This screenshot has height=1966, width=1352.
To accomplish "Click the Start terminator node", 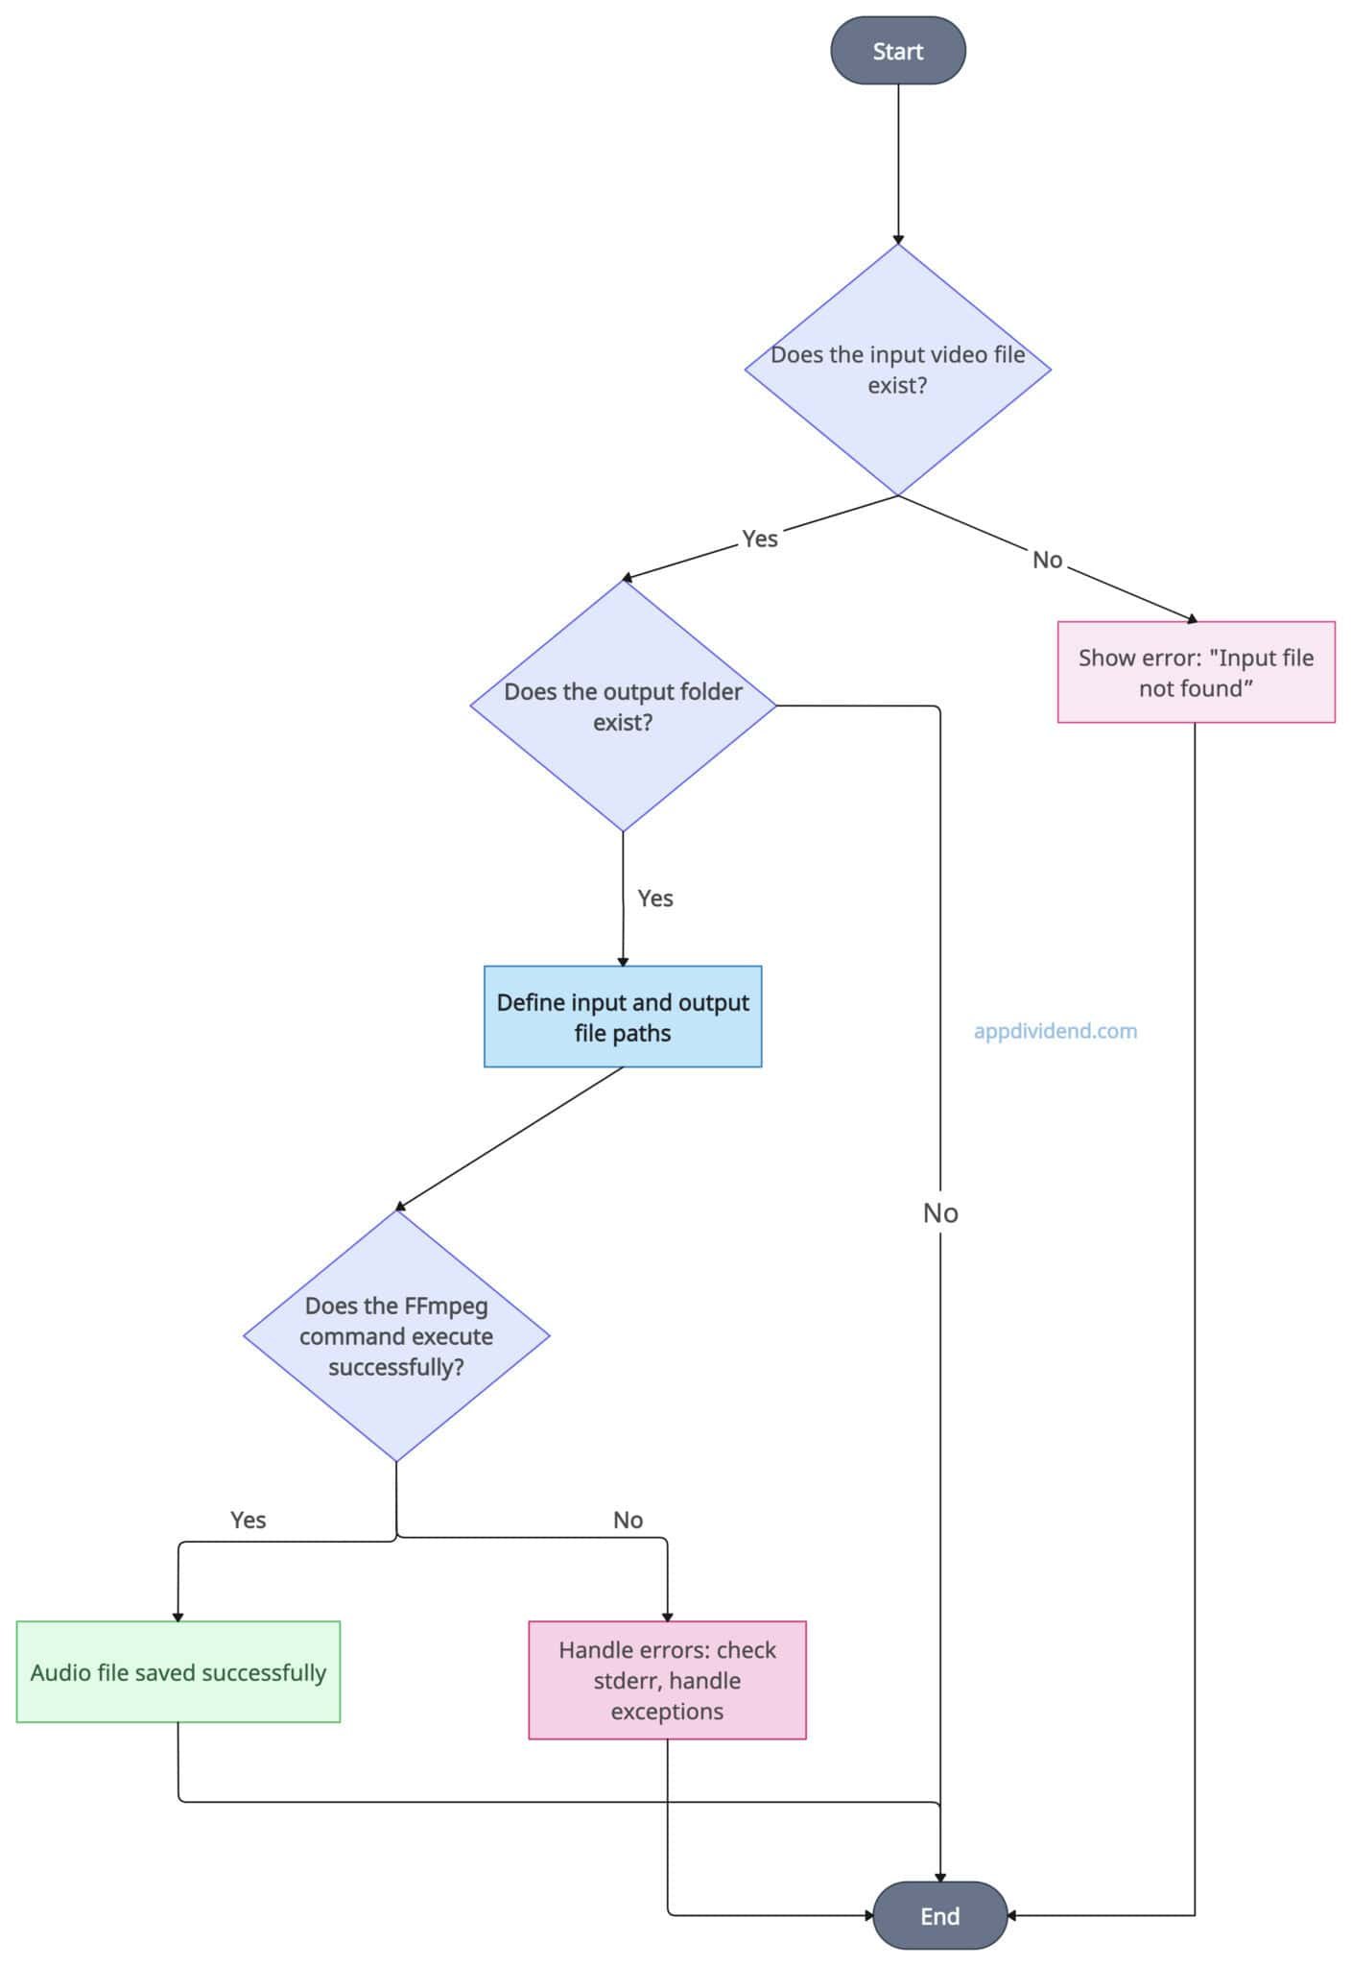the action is pos(897,51).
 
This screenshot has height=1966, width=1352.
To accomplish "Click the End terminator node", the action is pos(939,1915).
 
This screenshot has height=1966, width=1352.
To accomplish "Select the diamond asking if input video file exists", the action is pos(898,370).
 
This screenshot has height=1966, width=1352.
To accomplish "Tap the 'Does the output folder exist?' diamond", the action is pos(623,707).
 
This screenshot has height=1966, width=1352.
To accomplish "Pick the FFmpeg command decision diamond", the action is pos(396,1335).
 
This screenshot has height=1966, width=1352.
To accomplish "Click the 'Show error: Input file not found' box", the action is pos(1196,672).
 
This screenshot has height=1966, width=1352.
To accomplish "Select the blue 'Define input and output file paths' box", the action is pos(623,1017).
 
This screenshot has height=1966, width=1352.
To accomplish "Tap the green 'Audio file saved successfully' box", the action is pos(178,1671).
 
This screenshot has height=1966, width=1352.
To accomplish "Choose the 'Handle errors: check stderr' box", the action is pos(667,1680).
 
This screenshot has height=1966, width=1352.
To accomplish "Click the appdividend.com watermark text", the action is pos(1056,1031).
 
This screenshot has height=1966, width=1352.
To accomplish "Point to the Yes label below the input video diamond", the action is pos(760,539).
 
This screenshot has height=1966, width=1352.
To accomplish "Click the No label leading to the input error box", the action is pos(1047,560).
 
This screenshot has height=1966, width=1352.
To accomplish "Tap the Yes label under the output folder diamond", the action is pos(655,899).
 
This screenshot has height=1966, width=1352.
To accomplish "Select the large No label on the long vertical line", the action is pos(940,1213).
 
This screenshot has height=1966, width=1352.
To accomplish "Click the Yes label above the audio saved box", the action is pos(249,1520).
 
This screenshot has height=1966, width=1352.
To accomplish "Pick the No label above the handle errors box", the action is pos(628,1520).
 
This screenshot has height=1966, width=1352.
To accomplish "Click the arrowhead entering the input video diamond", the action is pos(898,239).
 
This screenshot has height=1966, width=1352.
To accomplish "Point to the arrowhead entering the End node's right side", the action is pos(1012,1915).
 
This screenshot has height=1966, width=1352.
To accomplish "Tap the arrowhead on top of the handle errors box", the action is pos(667,1617).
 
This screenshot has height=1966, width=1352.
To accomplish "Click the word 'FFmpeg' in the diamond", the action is pos(446,1307).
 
